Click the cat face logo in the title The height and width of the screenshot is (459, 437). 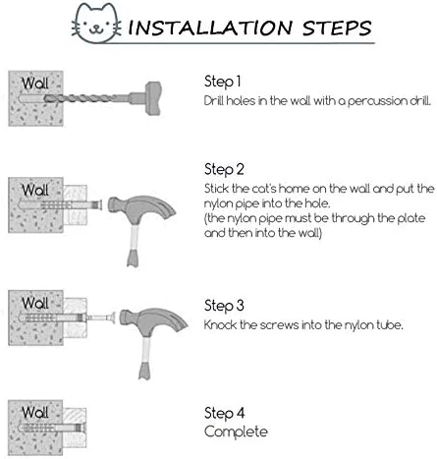tap(96, 24)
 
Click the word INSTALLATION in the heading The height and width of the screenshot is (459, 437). tap(210, 28)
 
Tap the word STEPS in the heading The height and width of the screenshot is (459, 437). tap(337, 28)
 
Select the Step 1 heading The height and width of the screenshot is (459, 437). tap(223, 82)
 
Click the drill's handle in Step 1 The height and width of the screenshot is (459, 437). tap(153, 98)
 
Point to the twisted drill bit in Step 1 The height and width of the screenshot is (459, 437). tap(86, 98)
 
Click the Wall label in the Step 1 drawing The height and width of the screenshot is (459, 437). tap(35, 84)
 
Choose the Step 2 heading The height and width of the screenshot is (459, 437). tap(224, 170)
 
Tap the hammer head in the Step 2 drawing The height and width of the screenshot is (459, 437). tap(141, 208)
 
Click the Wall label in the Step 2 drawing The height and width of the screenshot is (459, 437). tap(35, 190)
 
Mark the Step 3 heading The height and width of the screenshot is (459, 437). tap(224, 306)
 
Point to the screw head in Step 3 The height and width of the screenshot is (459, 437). tap(113, 318)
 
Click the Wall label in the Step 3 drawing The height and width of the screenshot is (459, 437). tap(35, 303)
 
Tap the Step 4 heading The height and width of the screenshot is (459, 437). tap(225, 413)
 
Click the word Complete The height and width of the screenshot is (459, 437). tap(236, 431)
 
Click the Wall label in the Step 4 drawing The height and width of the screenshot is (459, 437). tap(35, 412)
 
